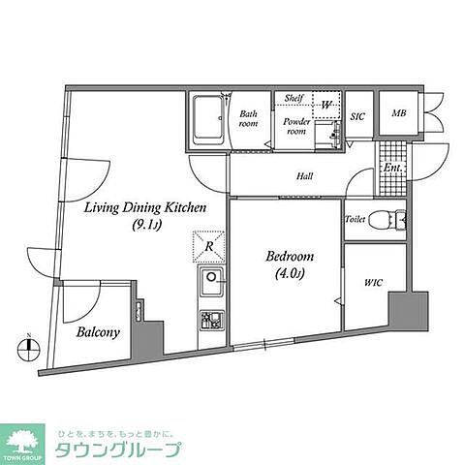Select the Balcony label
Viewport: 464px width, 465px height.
(x=98, y=332)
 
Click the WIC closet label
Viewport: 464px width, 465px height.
(x=373, y=283)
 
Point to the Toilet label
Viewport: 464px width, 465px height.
(x=356, y=220)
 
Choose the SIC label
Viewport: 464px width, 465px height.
(x=356, y=115)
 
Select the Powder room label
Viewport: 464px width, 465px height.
(x=296, y=126)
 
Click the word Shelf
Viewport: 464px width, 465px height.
(x=294, y=99)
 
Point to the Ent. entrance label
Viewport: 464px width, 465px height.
(x=392, y=169)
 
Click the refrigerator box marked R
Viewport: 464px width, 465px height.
(x=209, y=246)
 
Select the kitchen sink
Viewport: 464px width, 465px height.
(x=210, y=287)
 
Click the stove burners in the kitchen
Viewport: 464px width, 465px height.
(x=210, y=321)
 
